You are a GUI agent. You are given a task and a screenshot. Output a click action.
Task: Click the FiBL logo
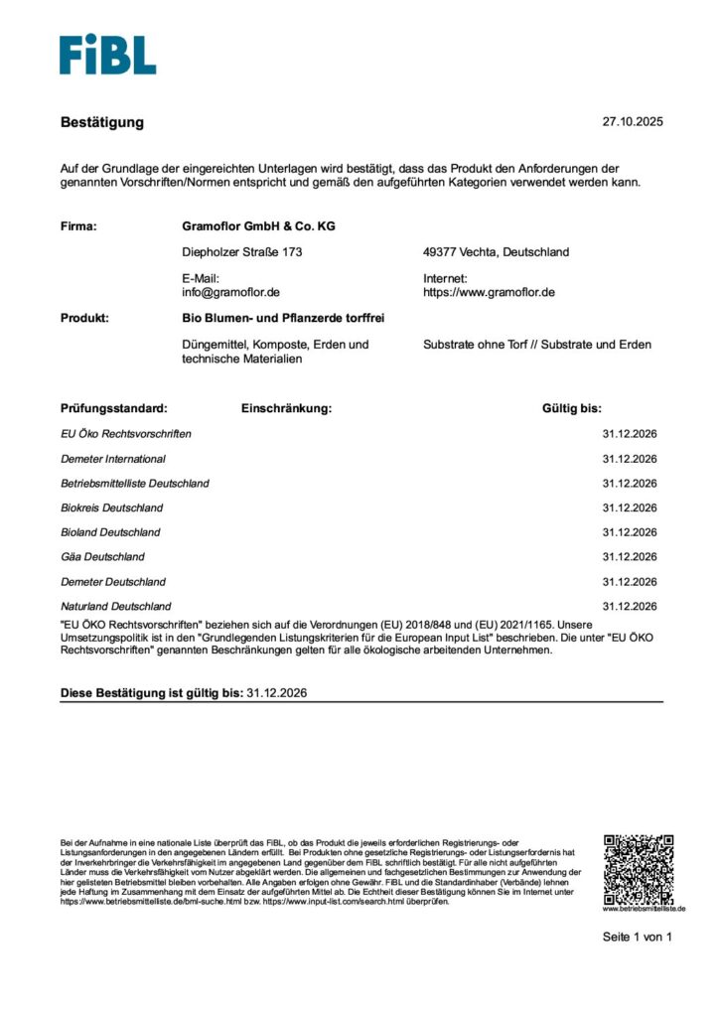[107, 55]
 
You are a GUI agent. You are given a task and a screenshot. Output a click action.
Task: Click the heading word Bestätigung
[102, 122]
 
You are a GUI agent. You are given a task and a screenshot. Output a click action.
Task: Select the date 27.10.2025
[632, 122]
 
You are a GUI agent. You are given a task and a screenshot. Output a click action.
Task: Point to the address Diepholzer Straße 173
[241, 252]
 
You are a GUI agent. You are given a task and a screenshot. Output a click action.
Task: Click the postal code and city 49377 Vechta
[496, 252]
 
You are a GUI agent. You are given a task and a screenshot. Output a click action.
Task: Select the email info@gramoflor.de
[230, 293]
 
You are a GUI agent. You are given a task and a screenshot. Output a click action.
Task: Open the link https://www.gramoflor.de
[489, 293]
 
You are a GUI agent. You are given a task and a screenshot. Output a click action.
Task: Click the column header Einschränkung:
[286, 408]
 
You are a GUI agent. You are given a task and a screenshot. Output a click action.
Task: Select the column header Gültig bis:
[571, 408]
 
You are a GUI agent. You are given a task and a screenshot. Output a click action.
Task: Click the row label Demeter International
[113, 459]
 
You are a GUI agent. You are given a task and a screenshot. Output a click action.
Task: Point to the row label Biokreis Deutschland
[112, 508]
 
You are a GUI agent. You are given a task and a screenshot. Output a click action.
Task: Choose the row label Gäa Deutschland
[102, 557]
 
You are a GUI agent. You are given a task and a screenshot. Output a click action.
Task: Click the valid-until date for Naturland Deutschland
[630, 606]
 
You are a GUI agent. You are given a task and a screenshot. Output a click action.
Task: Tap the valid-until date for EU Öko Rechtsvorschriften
[630, 434]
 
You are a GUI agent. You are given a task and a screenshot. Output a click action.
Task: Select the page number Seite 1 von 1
[638, 937]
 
